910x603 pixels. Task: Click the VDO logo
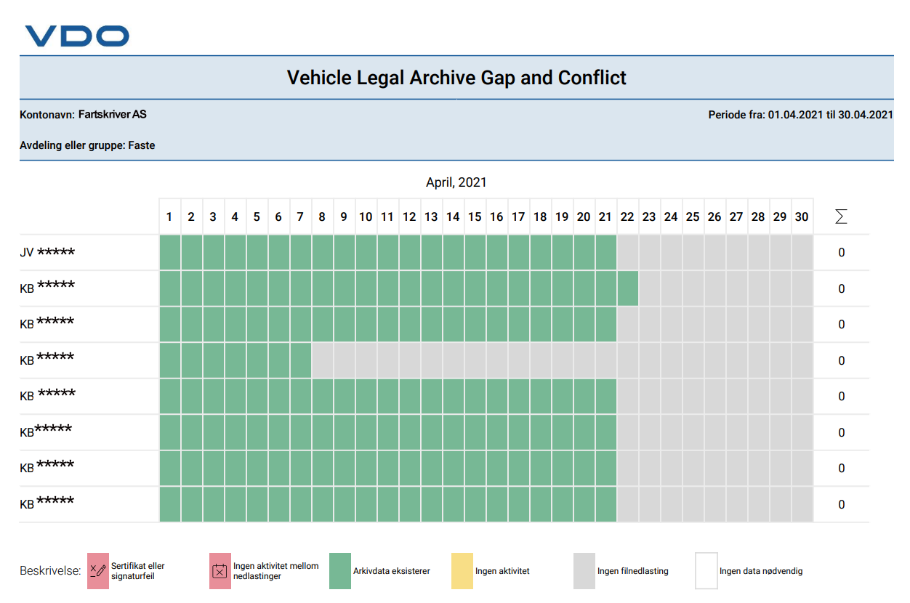[77, 36]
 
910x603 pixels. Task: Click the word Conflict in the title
[592, 78]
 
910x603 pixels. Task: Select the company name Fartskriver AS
[112, 115]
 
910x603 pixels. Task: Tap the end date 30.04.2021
[866, 115]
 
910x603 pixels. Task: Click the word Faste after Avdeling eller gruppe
[142, 145]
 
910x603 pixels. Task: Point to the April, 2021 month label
[456, 182]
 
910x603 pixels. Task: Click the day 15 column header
[475, 216]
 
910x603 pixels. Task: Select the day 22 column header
[627, 216]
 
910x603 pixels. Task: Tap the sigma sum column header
[841, 216]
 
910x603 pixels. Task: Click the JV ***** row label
[47, 252]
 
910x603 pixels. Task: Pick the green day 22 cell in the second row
[628, 288]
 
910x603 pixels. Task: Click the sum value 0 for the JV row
[842, 253]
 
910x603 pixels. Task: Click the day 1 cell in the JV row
[170, 252]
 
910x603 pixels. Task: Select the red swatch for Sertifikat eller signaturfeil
[98, 570]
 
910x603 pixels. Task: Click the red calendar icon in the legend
[220, 570]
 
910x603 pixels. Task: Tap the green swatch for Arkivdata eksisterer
[340, 570]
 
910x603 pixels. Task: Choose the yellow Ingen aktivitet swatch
[462, 570]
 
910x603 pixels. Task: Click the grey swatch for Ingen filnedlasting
[584, 570]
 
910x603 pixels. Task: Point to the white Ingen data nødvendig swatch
[706, 570]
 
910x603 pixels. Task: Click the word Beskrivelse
[50, 570]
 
